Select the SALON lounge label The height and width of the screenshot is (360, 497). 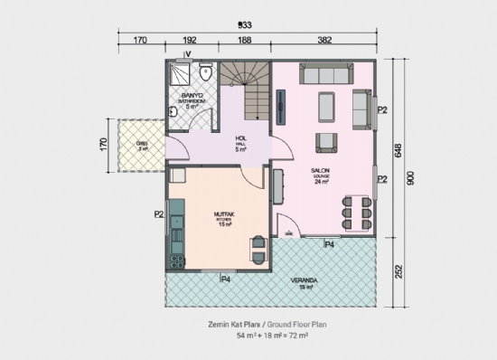point(321,173)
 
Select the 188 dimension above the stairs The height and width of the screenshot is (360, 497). point(244,41)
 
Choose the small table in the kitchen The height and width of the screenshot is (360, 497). point(258,245)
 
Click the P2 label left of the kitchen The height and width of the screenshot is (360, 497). point(159,214)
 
